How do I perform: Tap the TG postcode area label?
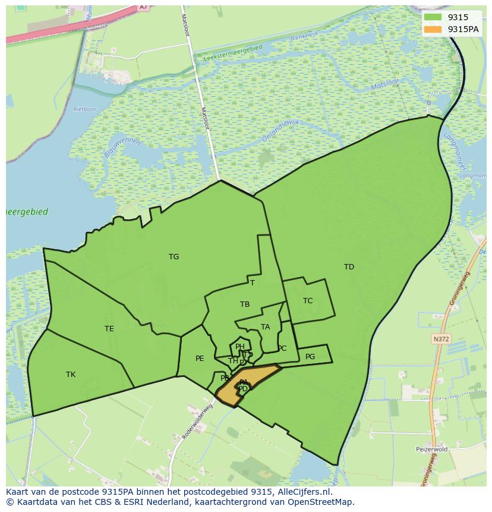(x=174, y=257)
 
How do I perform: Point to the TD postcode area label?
(x=349, y=267)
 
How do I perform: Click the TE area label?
(x=109, y=329)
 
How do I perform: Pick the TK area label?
(x=71, y=375)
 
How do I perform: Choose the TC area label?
(x=308, y=301)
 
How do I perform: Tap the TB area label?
(x=245, y=304)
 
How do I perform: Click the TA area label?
(x=266, y=327)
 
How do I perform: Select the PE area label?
(x=200, y=359)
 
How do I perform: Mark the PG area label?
(x=310, y=357)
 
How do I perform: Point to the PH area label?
(x=240, y=347)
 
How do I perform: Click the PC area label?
(x=282, y=348)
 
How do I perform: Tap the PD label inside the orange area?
(x=243, y=389)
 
